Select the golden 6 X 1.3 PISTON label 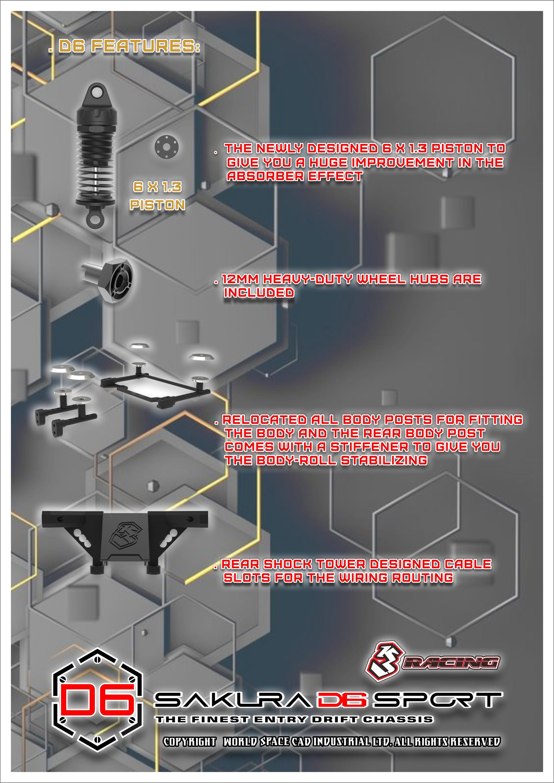(x=158, y=196)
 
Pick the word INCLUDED (x=259, y=293)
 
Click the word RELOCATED (x=264, y=420)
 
